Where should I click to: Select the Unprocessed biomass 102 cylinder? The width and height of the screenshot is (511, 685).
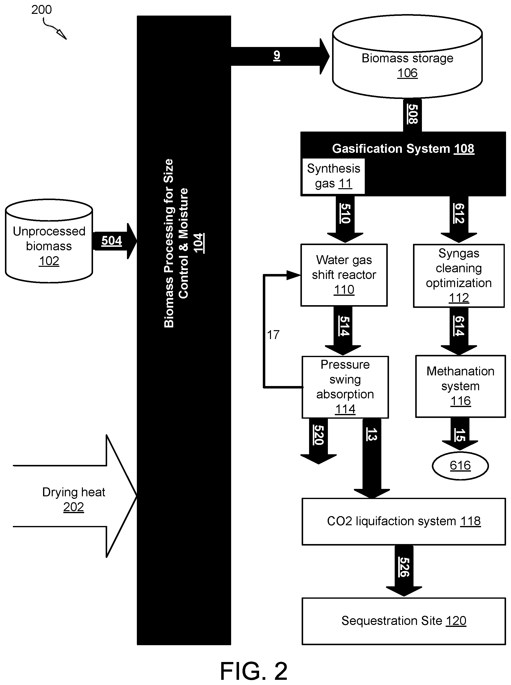click(x=49, y=241)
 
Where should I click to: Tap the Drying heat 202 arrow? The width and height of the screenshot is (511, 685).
click(x=74, y=496)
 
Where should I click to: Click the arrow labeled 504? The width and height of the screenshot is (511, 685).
click(x=114, y=241)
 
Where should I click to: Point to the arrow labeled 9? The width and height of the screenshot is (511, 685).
click(x=280, y=56)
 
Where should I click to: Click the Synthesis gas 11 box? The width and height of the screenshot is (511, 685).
click(x=333, y=176)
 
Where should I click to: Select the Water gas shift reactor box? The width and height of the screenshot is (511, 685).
click(x=344, y=275)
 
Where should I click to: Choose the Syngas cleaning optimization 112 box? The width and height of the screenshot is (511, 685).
click(x=459, y=276)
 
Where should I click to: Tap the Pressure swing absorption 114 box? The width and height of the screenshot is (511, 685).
click(x=345, y=387)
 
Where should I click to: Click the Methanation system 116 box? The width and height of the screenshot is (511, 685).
click(x=460, y=386)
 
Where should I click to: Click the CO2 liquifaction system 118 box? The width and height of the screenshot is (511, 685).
click(x=404, y=522)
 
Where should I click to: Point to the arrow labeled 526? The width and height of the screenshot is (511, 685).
click(x=404, y=571)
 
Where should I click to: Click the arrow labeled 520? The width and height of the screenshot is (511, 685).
click(x=318, y=441)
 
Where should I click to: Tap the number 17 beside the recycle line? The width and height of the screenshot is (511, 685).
click(x=273, y=335)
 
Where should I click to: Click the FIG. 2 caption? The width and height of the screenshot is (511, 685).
click(x=254, y=671)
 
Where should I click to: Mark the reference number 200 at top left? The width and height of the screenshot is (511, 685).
click(x=42, y=10)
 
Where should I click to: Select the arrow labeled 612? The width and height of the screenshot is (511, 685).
click(x=459, y=219)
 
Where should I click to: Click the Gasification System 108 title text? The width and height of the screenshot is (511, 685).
click(x=403, y=149)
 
